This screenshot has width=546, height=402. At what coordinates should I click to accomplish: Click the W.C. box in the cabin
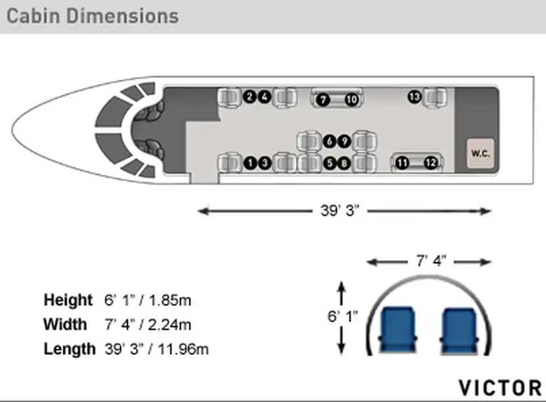click(480, 153)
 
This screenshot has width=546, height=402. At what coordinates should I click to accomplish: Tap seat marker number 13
click(414, 97)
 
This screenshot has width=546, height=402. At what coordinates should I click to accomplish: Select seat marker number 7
click(323, 100)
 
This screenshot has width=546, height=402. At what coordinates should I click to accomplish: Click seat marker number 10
click(351, 100)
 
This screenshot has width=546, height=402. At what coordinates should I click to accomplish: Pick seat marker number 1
click(250, 162)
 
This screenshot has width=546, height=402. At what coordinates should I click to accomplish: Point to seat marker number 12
click(430, 162)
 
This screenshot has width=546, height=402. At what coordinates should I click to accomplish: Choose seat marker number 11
click(402, 162)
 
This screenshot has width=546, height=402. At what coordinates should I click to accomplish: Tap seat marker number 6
click(330, 141)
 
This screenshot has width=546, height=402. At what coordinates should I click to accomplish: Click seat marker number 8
click(344, 163)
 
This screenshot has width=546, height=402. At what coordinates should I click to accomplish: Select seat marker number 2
click(249, 97)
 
